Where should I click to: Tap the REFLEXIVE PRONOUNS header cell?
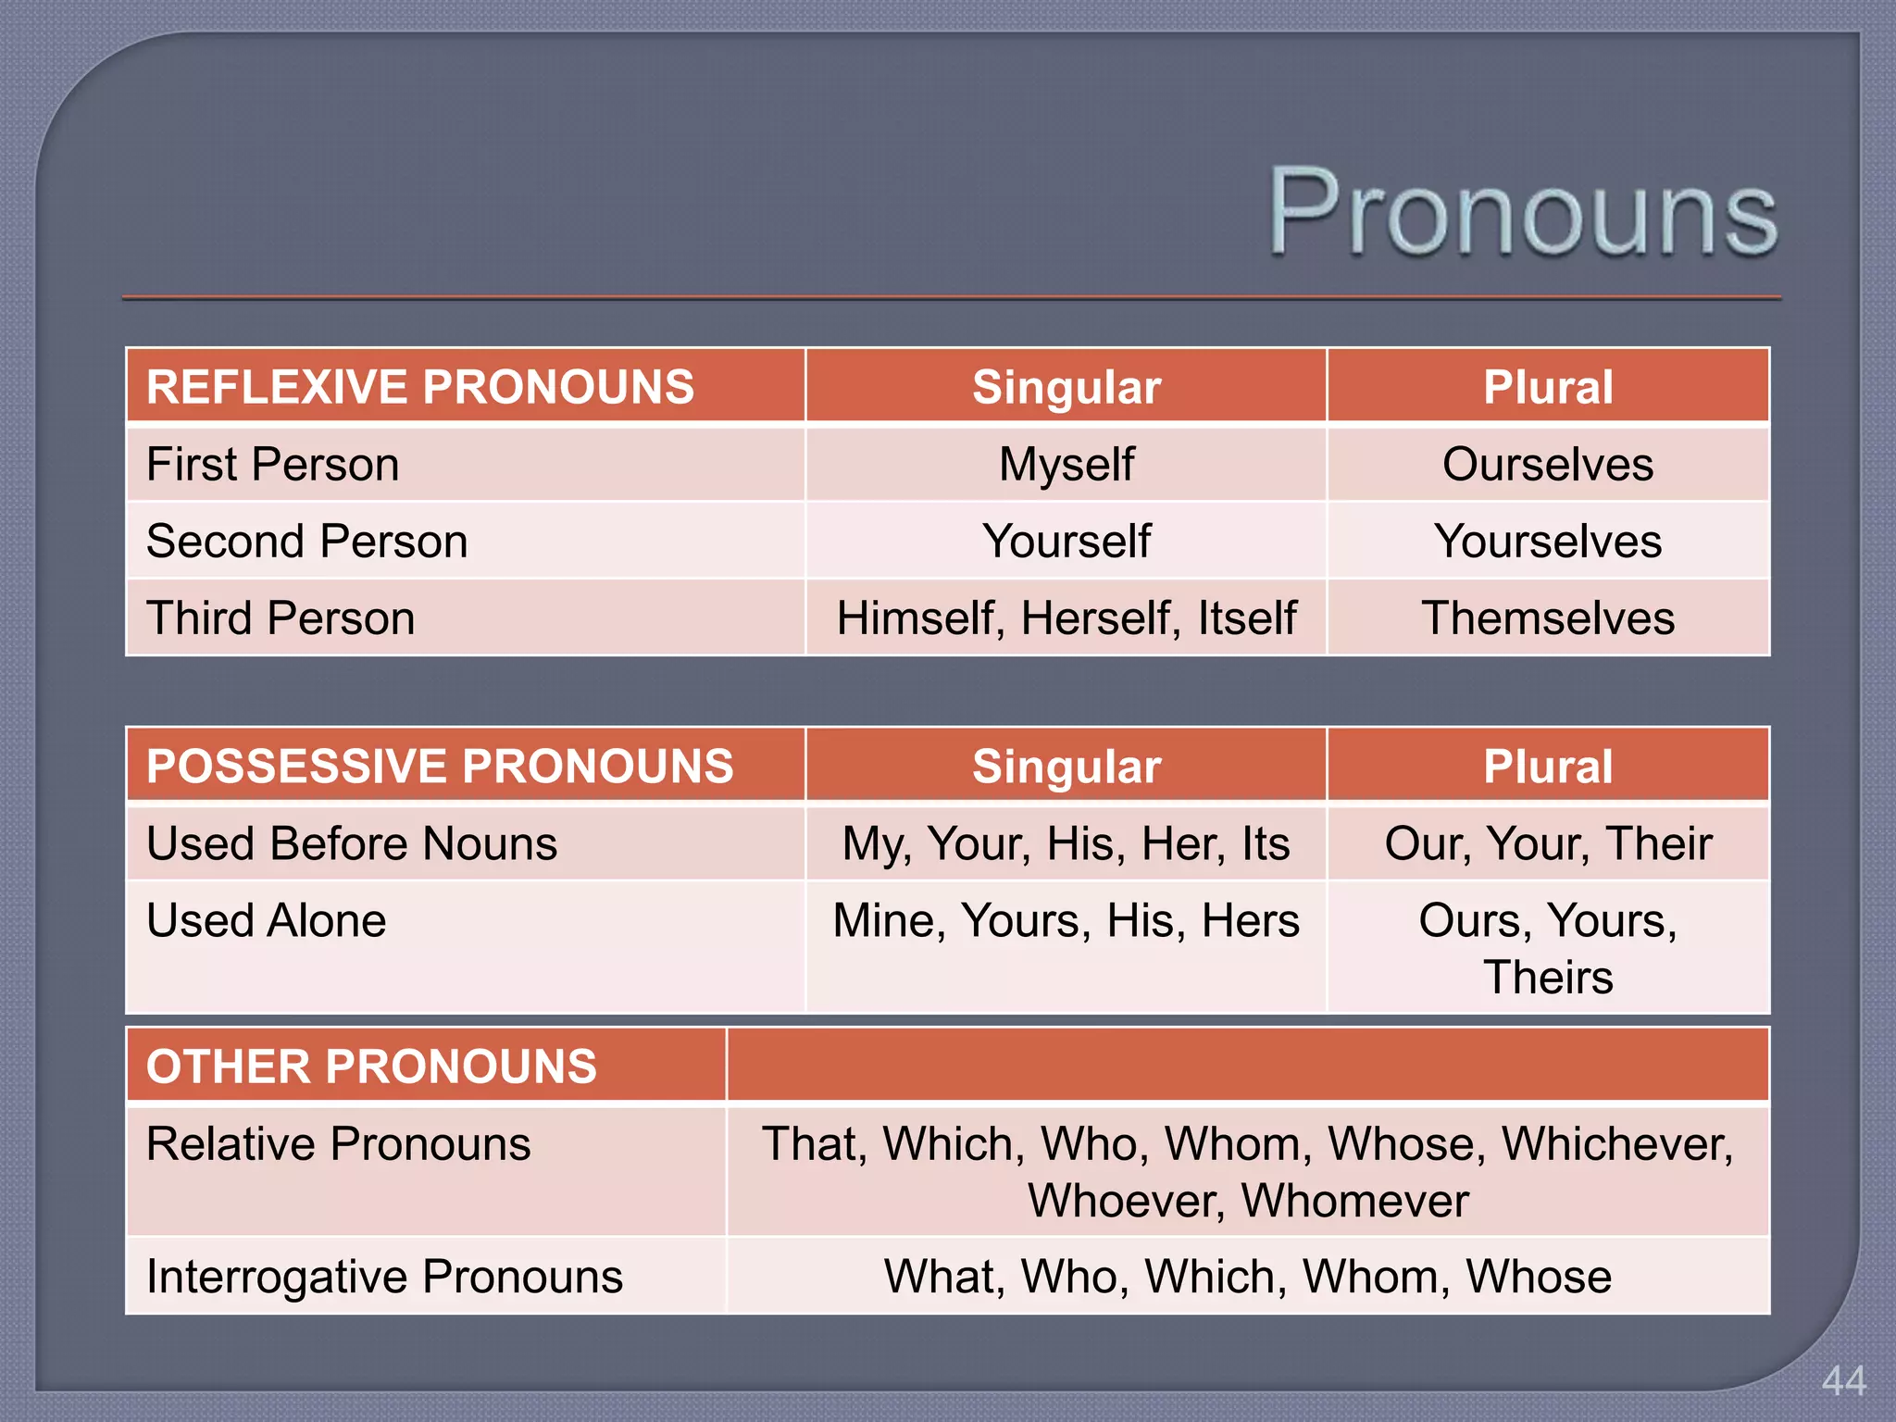point(420,387)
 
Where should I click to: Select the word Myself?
point(1066,464)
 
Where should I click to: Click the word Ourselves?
point(1548,464)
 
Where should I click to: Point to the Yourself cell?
point(1066,541)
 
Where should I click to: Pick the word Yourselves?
point(1548,541)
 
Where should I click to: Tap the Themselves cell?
point(1548,618)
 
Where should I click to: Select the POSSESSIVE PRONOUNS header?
point(440,767)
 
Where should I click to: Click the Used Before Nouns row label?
point(352,843)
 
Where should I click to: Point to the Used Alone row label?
point(267,920)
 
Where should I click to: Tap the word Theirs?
point(1548,977)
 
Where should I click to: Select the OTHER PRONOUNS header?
point(371,1066)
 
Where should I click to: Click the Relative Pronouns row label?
point(339,1143)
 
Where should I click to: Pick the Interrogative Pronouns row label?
point(384,1277)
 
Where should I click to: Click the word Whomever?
point(1354,1201)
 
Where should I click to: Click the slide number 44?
point(1843,1381)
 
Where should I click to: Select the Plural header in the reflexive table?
point(1548,387)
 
